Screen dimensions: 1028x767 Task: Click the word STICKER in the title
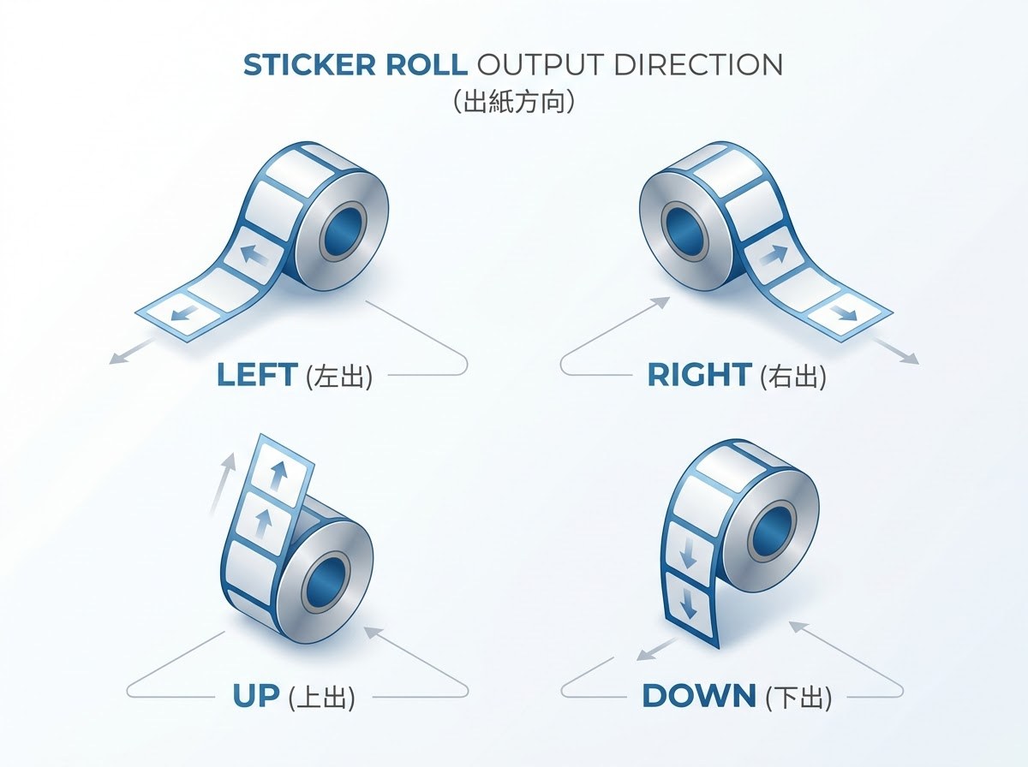[x=309, y=64]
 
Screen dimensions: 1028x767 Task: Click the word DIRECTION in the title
[x=698, y=64]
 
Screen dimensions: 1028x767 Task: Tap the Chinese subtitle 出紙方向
[x=514, y=102]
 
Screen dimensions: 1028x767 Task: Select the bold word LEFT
[x=257, y=374]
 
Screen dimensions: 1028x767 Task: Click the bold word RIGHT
[x=699, y=374]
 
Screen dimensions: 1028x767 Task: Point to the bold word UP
[x=256, y=696]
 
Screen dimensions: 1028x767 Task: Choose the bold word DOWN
[x=699, y=696]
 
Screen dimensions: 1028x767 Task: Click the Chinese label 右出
[x=793, y=376]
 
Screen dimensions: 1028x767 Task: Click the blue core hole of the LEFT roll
[x=344, y=231]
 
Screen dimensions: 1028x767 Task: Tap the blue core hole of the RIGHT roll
[x=685, y=231]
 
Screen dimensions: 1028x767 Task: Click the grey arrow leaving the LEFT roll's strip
[x=132, y=352]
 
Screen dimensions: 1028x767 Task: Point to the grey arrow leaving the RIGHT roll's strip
[x=896, y=352]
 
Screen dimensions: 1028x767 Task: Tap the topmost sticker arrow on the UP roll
[x=279, y=475]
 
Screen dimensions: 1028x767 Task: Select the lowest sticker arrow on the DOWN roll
[x=689, y=603]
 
